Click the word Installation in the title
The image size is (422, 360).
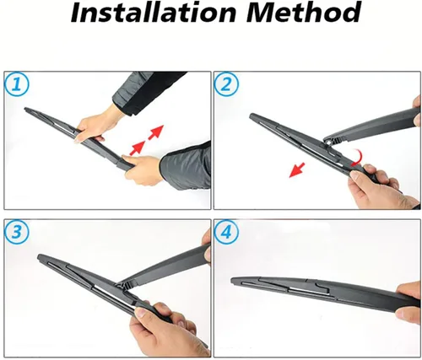coord(154,13)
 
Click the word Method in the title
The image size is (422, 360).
coord(304,13)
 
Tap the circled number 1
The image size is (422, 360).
coord(17,84)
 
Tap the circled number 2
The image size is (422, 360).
coord(226,84)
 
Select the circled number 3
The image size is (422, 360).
coord(17,232)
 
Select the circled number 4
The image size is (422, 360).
coord(226,232)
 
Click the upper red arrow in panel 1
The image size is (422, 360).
coord(156,132)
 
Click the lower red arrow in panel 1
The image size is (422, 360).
coord(138,148)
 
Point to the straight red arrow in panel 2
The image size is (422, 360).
coord(297,169)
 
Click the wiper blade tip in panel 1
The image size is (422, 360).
coord(26,109)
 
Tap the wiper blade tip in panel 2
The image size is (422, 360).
coord(252,116)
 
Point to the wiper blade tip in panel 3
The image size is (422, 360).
coord(40,256)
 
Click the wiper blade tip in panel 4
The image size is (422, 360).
coord(233,280)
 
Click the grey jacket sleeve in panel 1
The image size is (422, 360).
coord(187,166)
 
